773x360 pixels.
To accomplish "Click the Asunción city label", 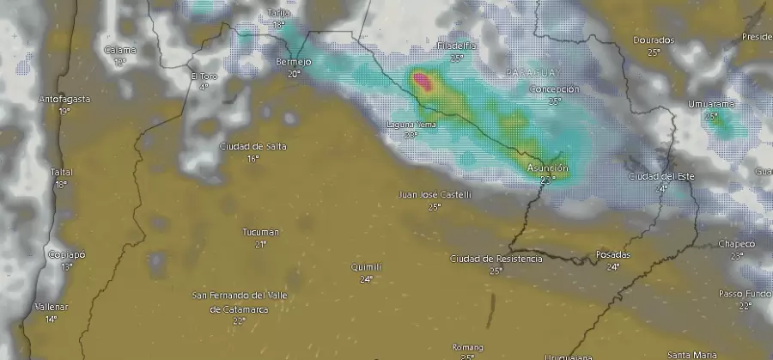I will (x=547, y=168).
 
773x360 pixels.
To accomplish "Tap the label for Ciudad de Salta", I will (x=253, y=146).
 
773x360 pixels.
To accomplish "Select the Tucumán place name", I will (x=261, y=232).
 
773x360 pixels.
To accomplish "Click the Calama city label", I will (x=119, y=50).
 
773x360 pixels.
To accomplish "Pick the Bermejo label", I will (x=294, y=63).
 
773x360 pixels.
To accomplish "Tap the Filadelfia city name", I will (x=456, y=46).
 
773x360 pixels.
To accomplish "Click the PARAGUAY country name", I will (x=533, y=72).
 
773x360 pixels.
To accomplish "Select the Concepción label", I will (x=555, y=89).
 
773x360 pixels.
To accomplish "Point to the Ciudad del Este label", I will (x=660, y=176).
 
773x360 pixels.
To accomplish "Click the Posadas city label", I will (x=612, y=255).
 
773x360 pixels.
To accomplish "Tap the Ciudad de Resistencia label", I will (x=496, y=259).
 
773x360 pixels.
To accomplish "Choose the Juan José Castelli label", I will (x=435, y=195).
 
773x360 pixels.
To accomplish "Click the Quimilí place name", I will (x=366, y=267).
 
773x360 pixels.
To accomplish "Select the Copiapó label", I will (x=67, y=255).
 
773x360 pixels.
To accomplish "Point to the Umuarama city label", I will (x=711, y=104).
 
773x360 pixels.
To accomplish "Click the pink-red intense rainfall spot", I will (x=423, y=82).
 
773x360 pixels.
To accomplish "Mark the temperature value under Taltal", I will (x=61, y=185).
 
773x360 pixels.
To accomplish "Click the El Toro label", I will (x=203, y=76).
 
